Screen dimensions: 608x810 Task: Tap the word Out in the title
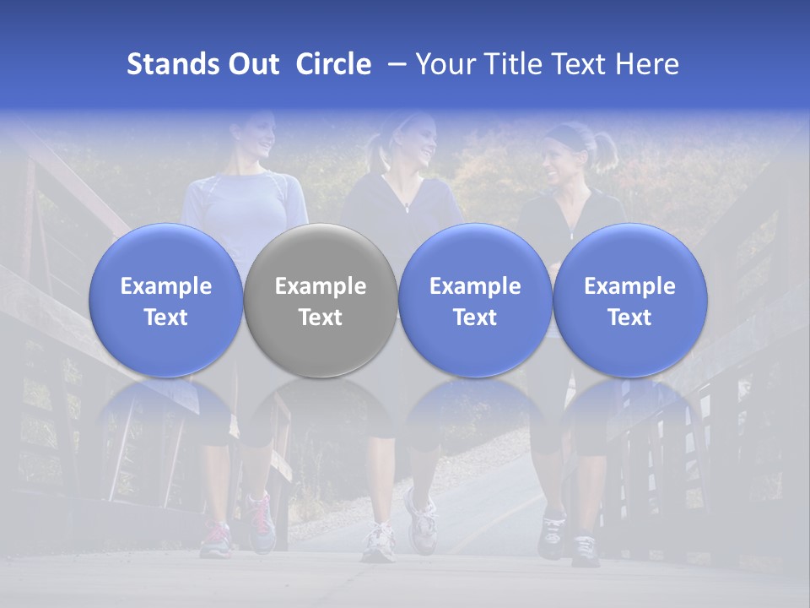tap(252, 64)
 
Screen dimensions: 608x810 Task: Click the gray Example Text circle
tap(321, 301)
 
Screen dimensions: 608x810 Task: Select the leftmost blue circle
tap(165, 301)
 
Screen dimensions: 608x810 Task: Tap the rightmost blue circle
tap(630, 301)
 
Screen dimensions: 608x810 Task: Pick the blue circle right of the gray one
tap(475, 301)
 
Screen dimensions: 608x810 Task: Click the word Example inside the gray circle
tap(321, 286)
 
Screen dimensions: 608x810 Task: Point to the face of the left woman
tap(258, 135)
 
